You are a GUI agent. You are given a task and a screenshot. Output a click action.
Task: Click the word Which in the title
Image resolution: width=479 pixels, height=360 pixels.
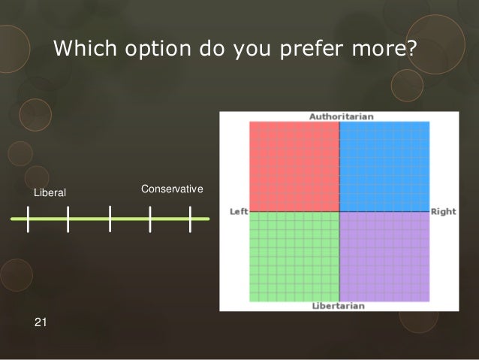(83, 49)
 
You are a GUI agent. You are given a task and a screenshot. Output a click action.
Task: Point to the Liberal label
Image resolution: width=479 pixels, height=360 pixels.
(50, 193)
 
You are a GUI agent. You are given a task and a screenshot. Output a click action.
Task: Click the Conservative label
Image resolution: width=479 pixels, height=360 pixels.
(172, 188)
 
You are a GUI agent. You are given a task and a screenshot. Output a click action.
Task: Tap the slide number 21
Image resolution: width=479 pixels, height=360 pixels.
(41, 322)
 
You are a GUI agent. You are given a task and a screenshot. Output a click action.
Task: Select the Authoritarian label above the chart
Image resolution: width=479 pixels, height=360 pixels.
(341, 116)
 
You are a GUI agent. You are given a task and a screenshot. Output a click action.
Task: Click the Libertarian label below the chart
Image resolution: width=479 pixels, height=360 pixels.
(338, 306)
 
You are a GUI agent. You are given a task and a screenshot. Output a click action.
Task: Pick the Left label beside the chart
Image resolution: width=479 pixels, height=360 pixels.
(239, 212)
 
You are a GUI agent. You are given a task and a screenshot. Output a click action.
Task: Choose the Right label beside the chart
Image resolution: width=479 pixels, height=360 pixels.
(443, 212)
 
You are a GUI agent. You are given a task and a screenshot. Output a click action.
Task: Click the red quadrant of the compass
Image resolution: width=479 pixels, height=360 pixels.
(294, 166)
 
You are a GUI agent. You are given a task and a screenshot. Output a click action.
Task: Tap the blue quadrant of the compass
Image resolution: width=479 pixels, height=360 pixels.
(384, 166)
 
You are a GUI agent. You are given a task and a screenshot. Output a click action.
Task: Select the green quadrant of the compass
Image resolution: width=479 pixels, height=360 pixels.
(294, 256)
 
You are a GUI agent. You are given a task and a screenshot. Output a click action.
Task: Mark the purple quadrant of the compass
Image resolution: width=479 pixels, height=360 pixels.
(384, 256)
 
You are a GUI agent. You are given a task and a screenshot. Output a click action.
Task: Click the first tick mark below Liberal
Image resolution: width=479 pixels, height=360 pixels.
(28, 219)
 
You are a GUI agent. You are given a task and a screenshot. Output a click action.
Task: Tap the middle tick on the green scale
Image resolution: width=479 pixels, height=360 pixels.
(110, 219)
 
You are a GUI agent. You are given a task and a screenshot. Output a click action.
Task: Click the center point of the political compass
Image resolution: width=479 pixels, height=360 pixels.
(339, 211)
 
